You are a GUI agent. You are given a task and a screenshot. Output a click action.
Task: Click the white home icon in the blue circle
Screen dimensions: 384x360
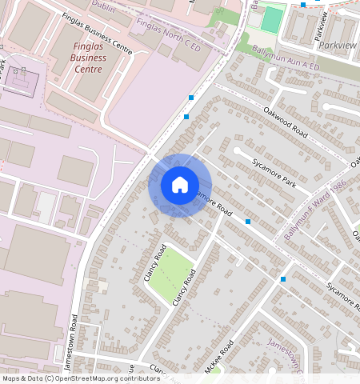click(180, 185)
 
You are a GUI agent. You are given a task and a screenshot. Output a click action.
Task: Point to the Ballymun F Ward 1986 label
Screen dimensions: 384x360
click(315, 210)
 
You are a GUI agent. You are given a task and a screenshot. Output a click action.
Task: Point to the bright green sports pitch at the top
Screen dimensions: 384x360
click(273, 18)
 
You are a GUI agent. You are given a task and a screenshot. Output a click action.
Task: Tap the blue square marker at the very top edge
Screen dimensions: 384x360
click(303, 4)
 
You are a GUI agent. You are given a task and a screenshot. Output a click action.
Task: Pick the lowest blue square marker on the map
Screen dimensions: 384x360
click(283, 279)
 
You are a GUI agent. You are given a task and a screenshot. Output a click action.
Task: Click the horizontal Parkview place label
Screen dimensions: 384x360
click(338, 46)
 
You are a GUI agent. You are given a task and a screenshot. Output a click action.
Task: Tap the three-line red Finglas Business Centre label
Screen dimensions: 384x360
click(88, 57)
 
